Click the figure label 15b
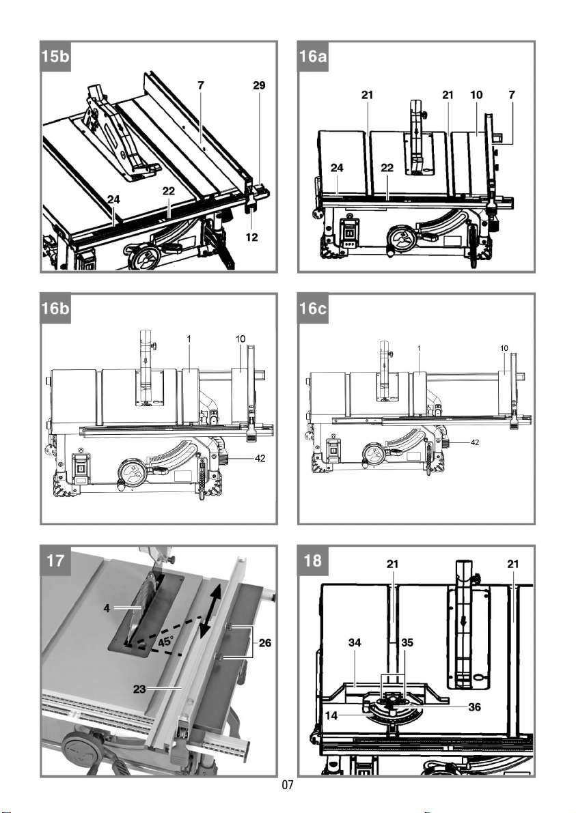[x=55, y=55]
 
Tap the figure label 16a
[x=313, y=55]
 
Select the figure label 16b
[x=55, y=308]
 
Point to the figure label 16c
[x=313, y=308]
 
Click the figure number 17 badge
[x=55, y=560]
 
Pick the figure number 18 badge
[x=313, y=560]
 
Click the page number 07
[x=288, y=785]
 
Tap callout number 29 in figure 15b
[x=259, y=85]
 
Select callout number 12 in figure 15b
[x=251, y=238]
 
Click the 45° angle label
[x=165, y=642]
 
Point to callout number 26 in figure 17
[x=264, y=643]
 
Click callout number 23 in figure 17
[x=139, y=689]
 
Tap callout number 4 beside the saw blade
[x=107, y=608]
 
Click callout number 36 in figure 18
[x=474, y=707]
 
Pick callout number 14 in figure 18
[x=331, y=715]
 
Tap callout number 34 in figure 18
[x=355, y=643]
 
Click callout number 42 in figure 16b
[x=260, y=458]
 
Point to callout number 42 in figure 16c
[x=474, y=442]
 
